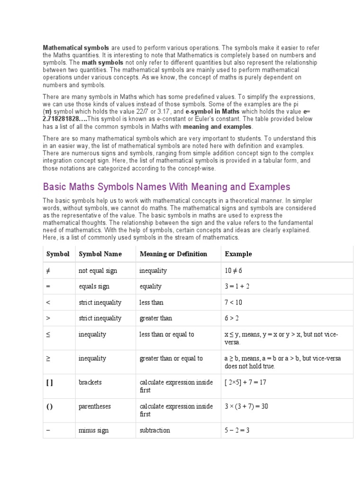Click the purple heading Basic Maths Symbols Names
click(166, 187)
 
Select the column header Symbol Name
click(100, 254)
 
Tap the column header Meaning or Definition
click(173, 254)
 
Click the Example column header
click(238, 254)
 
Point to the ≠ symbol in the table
click(48, 270)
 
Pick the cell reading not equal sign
click(98, 270)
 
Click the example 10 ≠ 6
click(233, 270)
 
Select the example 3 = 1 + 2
click(237, 287)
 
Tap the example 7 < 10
click(233, 302)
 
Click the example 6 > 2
click(232, 318)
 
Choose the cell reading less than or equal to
click(166, 334)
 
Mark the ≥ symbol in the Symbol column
click(48, 359)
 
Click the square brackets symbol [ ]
click(49, 382)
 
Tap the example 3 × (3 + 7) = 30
click(246, 406)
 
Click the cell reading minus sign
click(93, 431)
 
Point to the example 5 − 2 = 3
click(237, 431)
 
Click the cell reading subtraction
click(155, 431)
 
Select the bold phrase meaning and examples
click(218, 127)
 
